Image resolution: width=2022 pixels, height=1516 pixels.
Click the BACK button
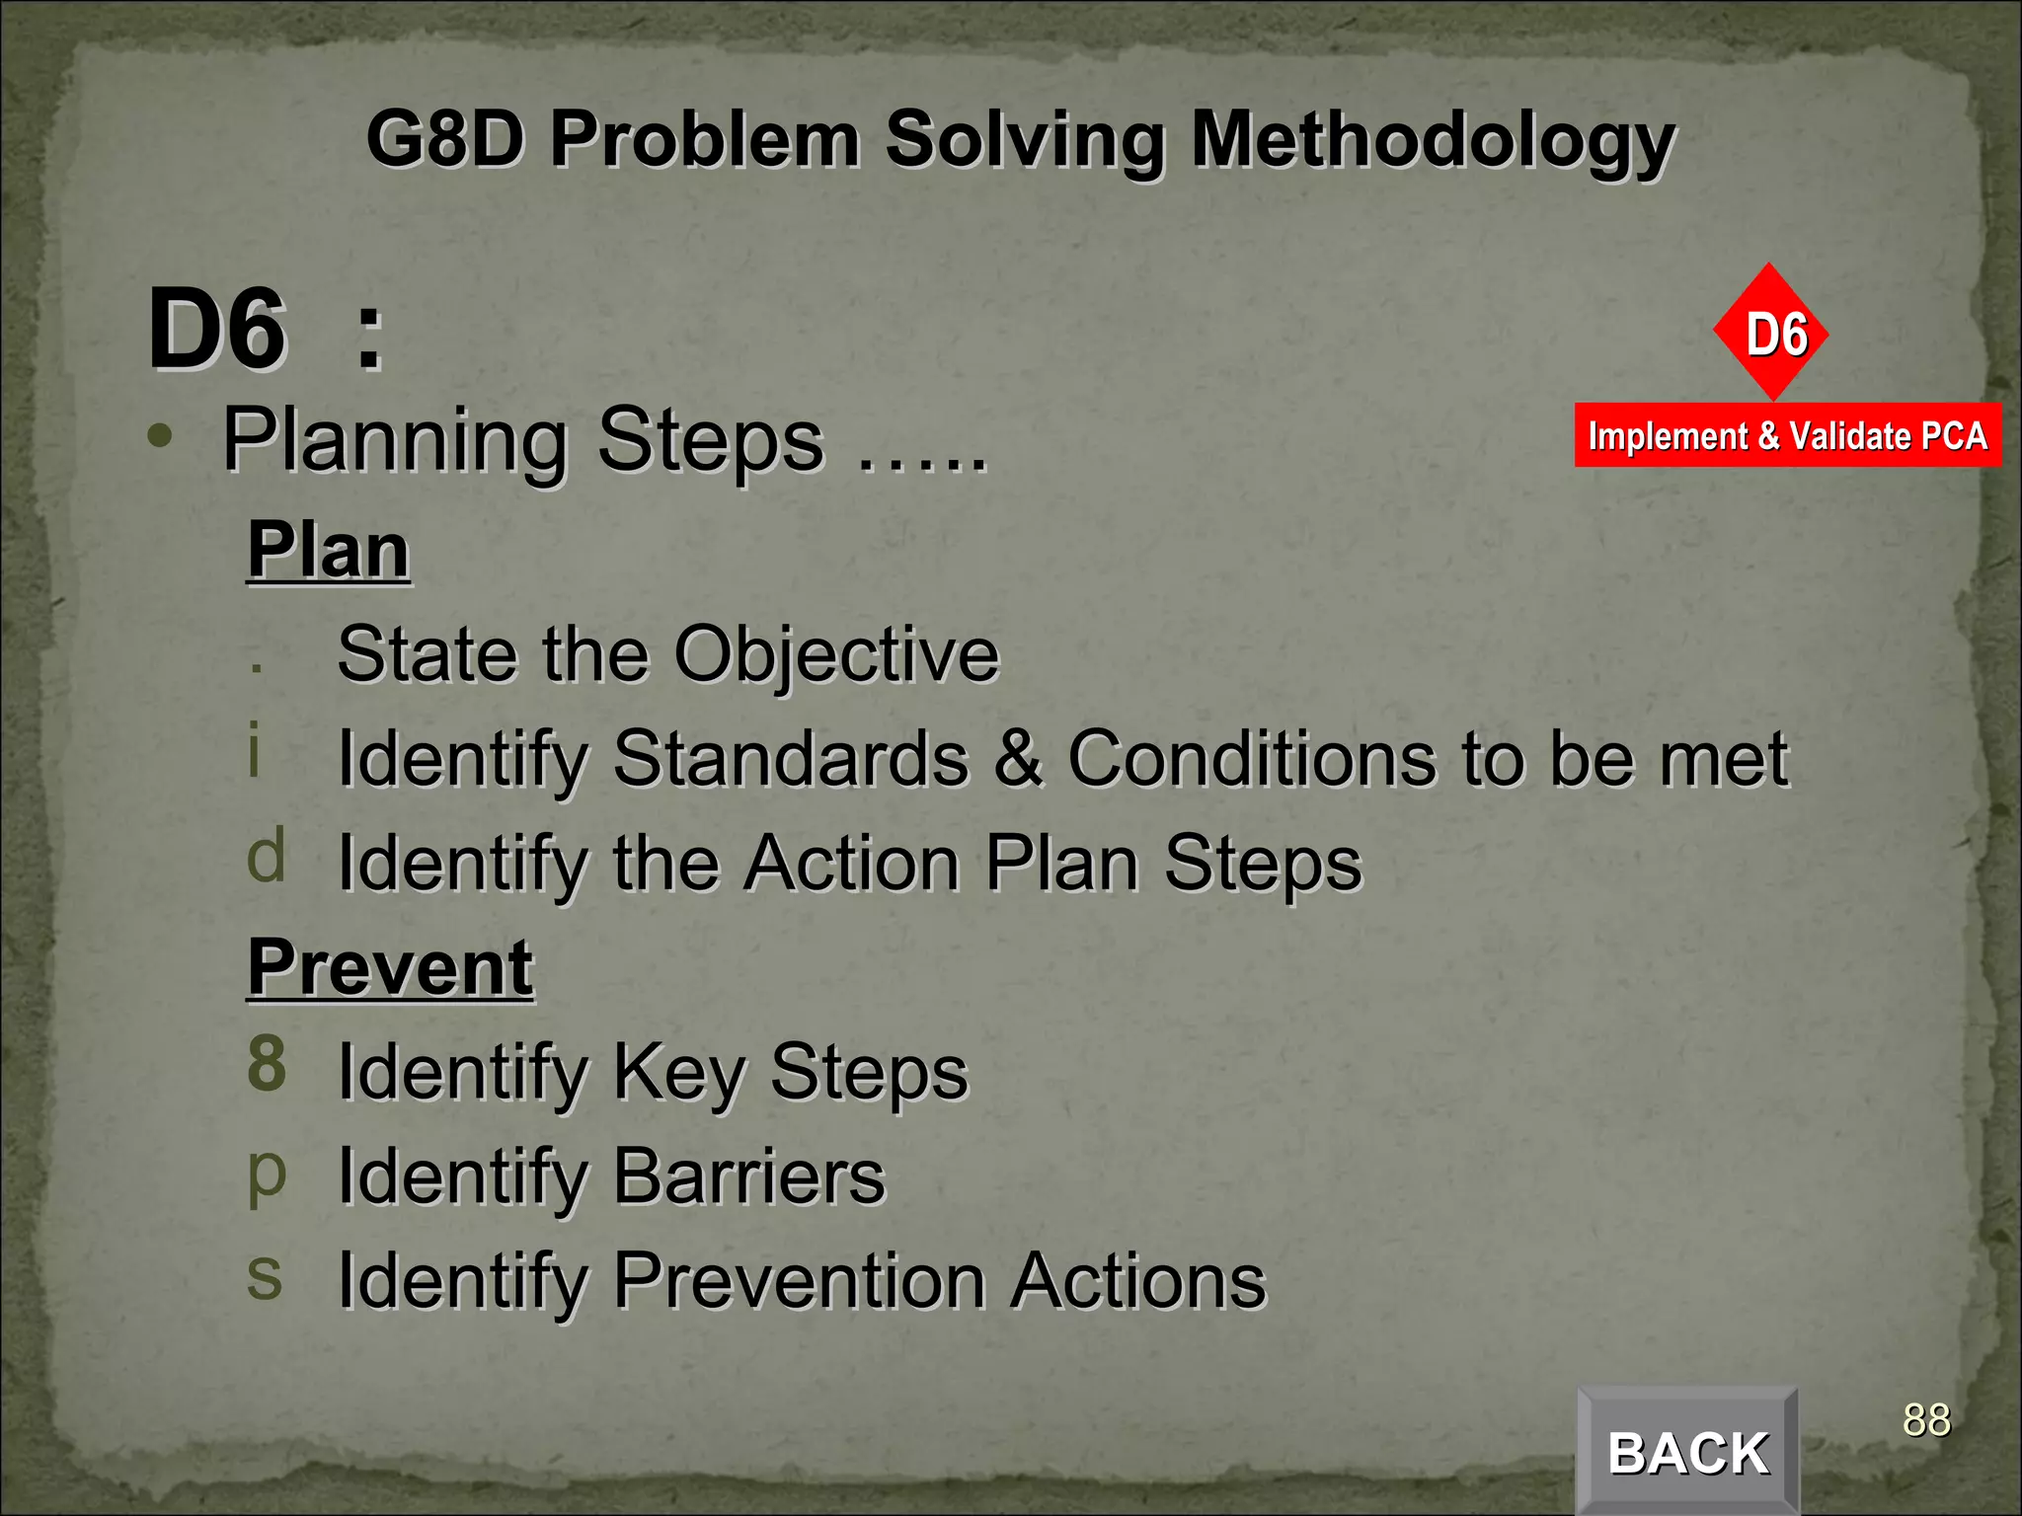click(1687, 1452)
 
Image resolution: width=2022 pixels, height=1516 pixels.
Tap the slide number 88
click(1926, 1420)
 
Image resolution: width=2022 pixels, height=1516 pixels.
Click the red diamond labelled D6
click(1771, 333)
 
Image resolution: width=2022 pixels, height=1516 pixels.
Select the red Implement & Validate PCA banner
click(1787, 435)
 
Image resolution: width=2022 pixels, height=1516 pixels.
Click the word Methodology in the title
click(1433, 141)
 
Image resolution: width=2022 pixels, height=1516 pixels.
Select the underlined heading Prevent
click(390, 967)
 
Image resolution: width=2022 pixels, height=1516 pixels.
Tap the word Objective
click(837, 655)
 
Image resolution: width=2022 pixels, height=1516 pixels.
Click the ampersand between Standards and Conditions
click(1018, 759)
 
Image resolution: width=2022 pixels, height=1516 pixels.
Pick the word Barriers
click(749, 1176)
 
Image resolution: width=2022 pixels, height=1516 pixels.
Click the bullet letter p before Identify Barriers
click(267, 1175)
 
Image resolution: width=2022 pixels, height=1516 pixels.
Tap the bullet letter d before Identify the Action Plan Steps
click(267, 856)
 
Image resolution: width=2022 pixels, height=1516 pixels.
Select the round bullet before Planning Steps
click(160, 435)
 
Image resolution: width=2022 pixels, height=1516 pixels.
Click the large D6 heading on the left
click(217, 330)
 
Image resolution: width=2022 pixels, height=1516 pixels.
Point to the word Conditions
click(1253, 759)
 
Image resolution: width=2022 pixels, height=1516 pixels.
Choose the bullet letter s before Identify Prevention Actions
click(265, 1275)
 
